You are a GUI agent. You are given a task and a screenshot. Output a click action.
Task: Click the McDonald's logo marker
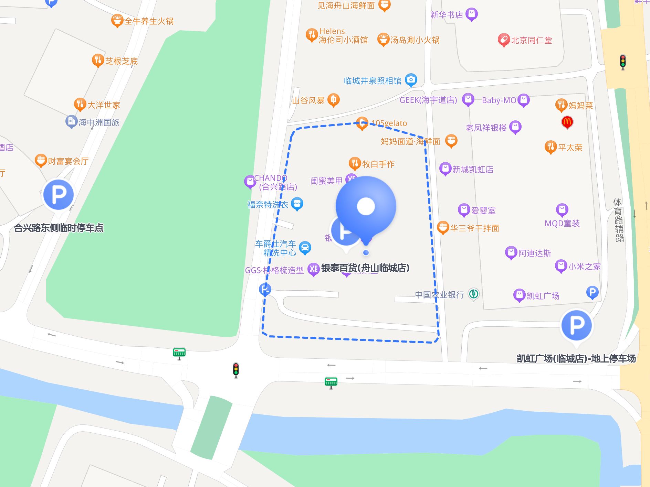point(567,122)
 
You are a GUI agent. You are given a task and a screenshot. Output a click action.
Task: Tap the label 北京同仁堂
point(531,40)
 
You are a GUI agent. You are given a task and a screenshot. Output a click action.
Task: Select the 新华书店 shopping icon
point(471,14)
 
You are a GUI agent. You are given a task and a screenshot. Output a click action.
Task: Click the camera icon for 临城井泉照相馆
point(411,80)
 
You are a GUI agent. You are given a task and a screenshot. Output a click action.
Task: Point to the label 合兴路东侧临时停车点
point(59,228)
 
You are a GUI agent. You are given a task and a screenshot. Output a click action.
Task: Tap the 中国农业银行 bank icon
point(474,294)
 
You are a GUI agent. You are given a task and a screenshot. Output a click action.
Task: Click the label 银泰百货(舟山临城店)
point(365,268)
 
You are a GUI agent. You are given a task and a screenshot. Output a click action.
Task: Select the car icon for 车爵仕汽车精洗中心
point(305,247)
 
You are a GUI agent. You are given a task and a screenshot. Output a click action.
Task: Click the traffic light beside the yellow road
point(622,62)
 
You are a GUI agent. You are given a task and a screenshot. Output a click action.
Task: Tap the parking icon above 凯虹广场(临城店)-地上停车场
point(576,325)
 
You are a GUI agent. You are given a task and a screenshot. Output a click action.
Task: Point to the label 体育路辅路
point(619,220)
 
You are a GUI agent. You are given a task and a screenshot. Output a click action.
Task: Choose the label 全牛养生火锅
point(149,21)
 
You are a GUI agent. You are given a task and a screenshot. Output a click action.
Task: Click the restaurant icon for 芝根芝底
point(98,60)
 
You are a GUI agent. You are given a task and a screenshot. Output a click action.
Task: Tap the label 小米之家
point(584,267)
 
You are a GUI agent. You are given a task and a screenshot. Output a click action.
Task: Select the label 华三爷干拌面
point(474,228)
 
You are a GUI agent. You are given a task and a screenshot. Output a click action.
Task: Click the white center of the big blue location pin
point(366,206)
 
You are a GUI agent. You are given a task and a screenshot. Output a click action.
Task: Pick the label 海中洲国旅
point(99,122)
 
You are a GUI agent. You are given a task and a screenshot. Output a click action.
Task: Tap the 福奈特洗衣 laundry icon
point(297,203)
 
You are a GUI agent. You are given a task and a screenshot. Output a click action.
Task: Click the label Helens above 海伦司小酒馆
point(332,31)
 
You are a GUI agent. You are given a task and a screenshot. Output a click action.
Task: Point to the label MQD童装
point(562,224)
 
